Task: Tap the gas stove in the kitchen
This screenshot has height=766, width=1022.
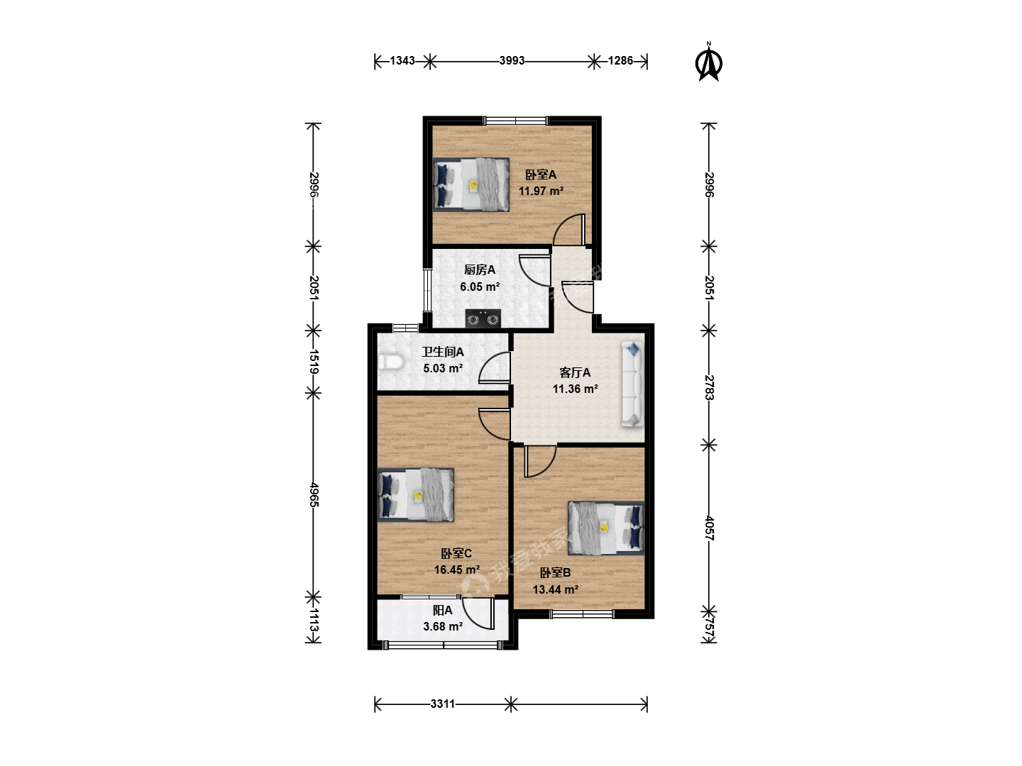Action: click(x=483, y=318)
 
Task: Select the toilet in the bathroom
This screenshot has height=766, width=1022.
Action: click(x=390, y=362)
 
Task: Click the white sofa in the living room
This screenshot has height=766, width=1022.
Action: click(x=632, y=384)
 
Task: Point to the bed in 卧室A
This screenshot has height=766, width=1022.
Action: click(x=471, y=184)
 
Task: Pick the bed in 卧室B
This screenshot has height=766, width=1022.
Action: click(x=606, y=528)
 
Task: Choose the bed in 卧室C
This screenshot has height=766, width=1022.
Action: click(x=415, y=494)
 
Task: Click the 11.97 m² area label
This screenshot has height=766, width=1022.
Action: click(x=541, y=191)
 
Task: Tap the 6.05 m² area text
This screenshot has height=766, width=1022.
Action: click(x=480, y=287)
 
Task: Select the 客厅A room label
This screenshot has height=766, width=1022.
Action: click(x=575, y=372)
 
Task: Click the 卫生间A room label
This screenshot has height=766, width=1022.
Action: click(x=443, y=352)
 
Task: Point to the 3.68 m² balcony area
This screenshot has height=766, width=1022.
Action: click(x=443, y=626)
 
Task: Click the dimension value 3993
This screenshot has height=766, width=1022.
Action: click(x=512, y=60)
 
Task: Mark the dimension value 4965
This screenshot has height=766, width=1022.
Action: click(x=314, y=495)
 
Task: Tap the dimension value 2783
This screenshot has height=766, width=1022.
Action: click(x=709, y=387)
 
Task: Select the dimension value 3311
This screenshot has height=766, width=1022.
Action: click(x=442, y=704)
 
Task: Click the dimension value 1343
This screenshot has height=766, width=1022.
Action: click(x=402, y=60)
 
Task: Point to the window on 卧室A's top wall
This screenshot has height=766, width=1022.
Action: click(x=515, y=121)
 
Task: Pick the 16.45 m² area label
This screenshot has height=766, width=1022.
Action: click(x=457, y=570)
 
